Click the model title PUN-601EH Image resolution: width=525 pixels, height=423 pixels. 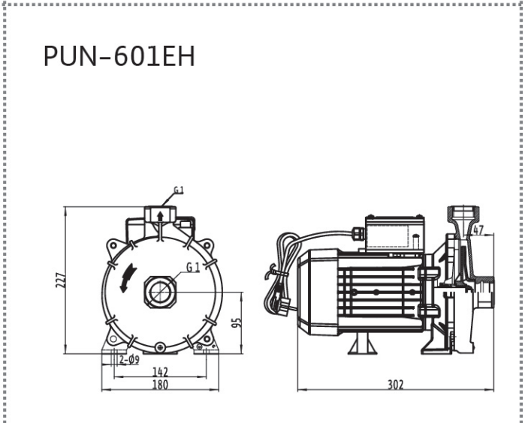pyautogui.click(x=119, y=56)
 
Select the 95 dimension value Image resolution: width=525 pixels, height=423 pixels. pyautogui.click(x=237, y=322)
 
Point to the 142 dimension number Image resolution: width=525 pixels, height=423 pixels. pyautogui.click(x=160, y=372)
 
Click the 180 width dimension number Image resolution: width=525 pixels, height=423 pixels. pyautogui.click(x=160, y=385)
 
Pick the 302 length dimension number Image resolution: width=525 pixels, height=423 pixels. pyautogui.click(x=396, y=385)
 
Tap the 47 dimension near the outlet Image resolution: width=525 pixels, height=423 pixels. pyautogui.click(x=478, y=230)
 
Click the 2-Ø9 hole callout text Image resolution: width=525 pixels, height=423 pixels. pyautogui.click(x=130, y=360)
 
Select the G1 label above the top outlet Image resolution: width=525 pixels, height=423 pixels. pyautogui.click(x=179, y=190)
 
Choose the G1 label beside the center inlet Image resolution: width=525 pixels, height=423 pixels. pyautogui.click(x=193, y=267)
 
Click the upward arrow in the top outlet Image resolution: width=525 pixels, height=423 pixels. pyautogui.click(x=161, y=216)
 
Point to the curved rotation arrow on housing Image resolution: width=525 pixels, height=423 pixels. pyautogui.click(x=128, y=278)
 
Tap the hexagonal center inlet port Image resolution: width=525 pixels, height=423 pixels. pyautogui.click(x=161, y=292)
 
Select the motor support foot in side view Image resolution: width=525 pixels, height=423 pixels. pyautogui.click(x=363, y=343)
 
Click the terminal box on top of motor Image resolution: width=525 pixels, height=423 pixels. pyautogui.click(x=395, y=234)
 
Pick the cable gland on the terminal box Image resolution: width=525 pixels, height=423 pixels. pyautogui.click(x=358, y=232)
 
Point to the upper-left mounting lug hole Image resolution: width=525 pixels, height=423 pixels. pyautogui.click(x=113, y=246)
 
